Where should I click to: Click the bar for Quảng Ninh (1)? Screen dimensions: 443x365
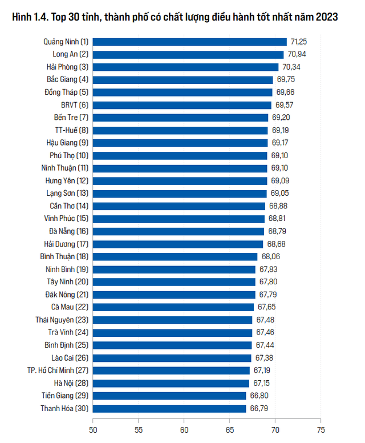[189, 42]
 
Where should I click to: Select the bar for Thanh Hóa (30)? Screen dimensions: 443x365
[169, 408]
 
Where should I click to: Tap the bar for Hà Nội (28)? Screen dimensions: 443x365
[171, 383]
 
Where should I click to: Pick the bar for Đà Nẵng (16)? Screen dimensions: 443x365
[178, 231]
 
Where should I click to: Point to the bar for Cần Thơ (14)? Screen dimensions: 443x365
[179, 206]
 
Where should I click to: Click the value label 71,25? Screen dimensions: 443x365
[299, 42]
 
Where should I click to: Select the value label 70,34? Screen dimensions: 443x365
[291, 67]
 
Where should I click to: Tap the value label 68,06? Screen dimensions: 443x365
[270, 256]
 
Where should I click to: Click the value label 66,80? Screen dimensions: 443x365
[259, 395]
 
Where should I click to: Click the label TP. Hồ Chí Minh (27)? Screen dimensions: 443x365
[58, 370]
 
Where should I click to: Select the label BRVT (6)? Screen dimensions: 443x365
[75, 105]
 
